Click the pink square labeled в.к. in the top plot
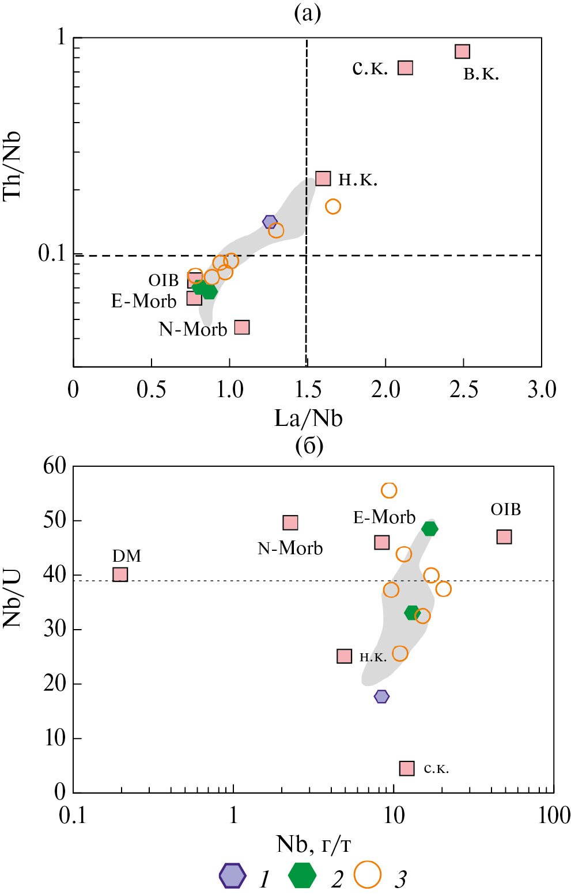click(x=462, y=51)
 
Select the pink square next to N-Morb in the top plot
click(x=242, y=327)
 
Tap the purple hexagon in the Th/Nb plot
click(x=270, y=222)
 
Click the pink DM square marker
click(x=120, y=574)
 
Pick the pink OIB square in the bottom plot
click(x=504, y=536)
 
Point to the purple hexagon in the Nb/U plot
click(x=381, y=696)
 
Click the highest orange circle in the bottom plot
click(x=389, y=490)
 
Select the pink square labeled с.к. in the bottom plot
click(x=407, y=768)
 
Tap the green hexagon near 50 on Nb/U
click(x=430, y=528)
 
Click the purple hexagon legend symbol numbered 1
click(x=232, y=875)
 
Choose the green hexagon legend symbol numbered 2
click(x=302, y=875)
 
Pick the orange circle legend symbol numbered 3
click(x=368, y=875)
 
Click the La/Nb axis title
click(x=308, y=418)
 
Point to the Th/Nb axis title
click(x=13, y=165)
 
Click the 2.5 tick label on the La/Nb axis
click(x=464, y=390)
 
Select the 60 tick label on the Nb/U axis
click(x=55, y=466)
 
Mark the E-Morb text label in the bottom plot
click(x=384, y=517)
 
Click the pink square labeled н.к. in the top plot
click(x=323, y=178)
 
